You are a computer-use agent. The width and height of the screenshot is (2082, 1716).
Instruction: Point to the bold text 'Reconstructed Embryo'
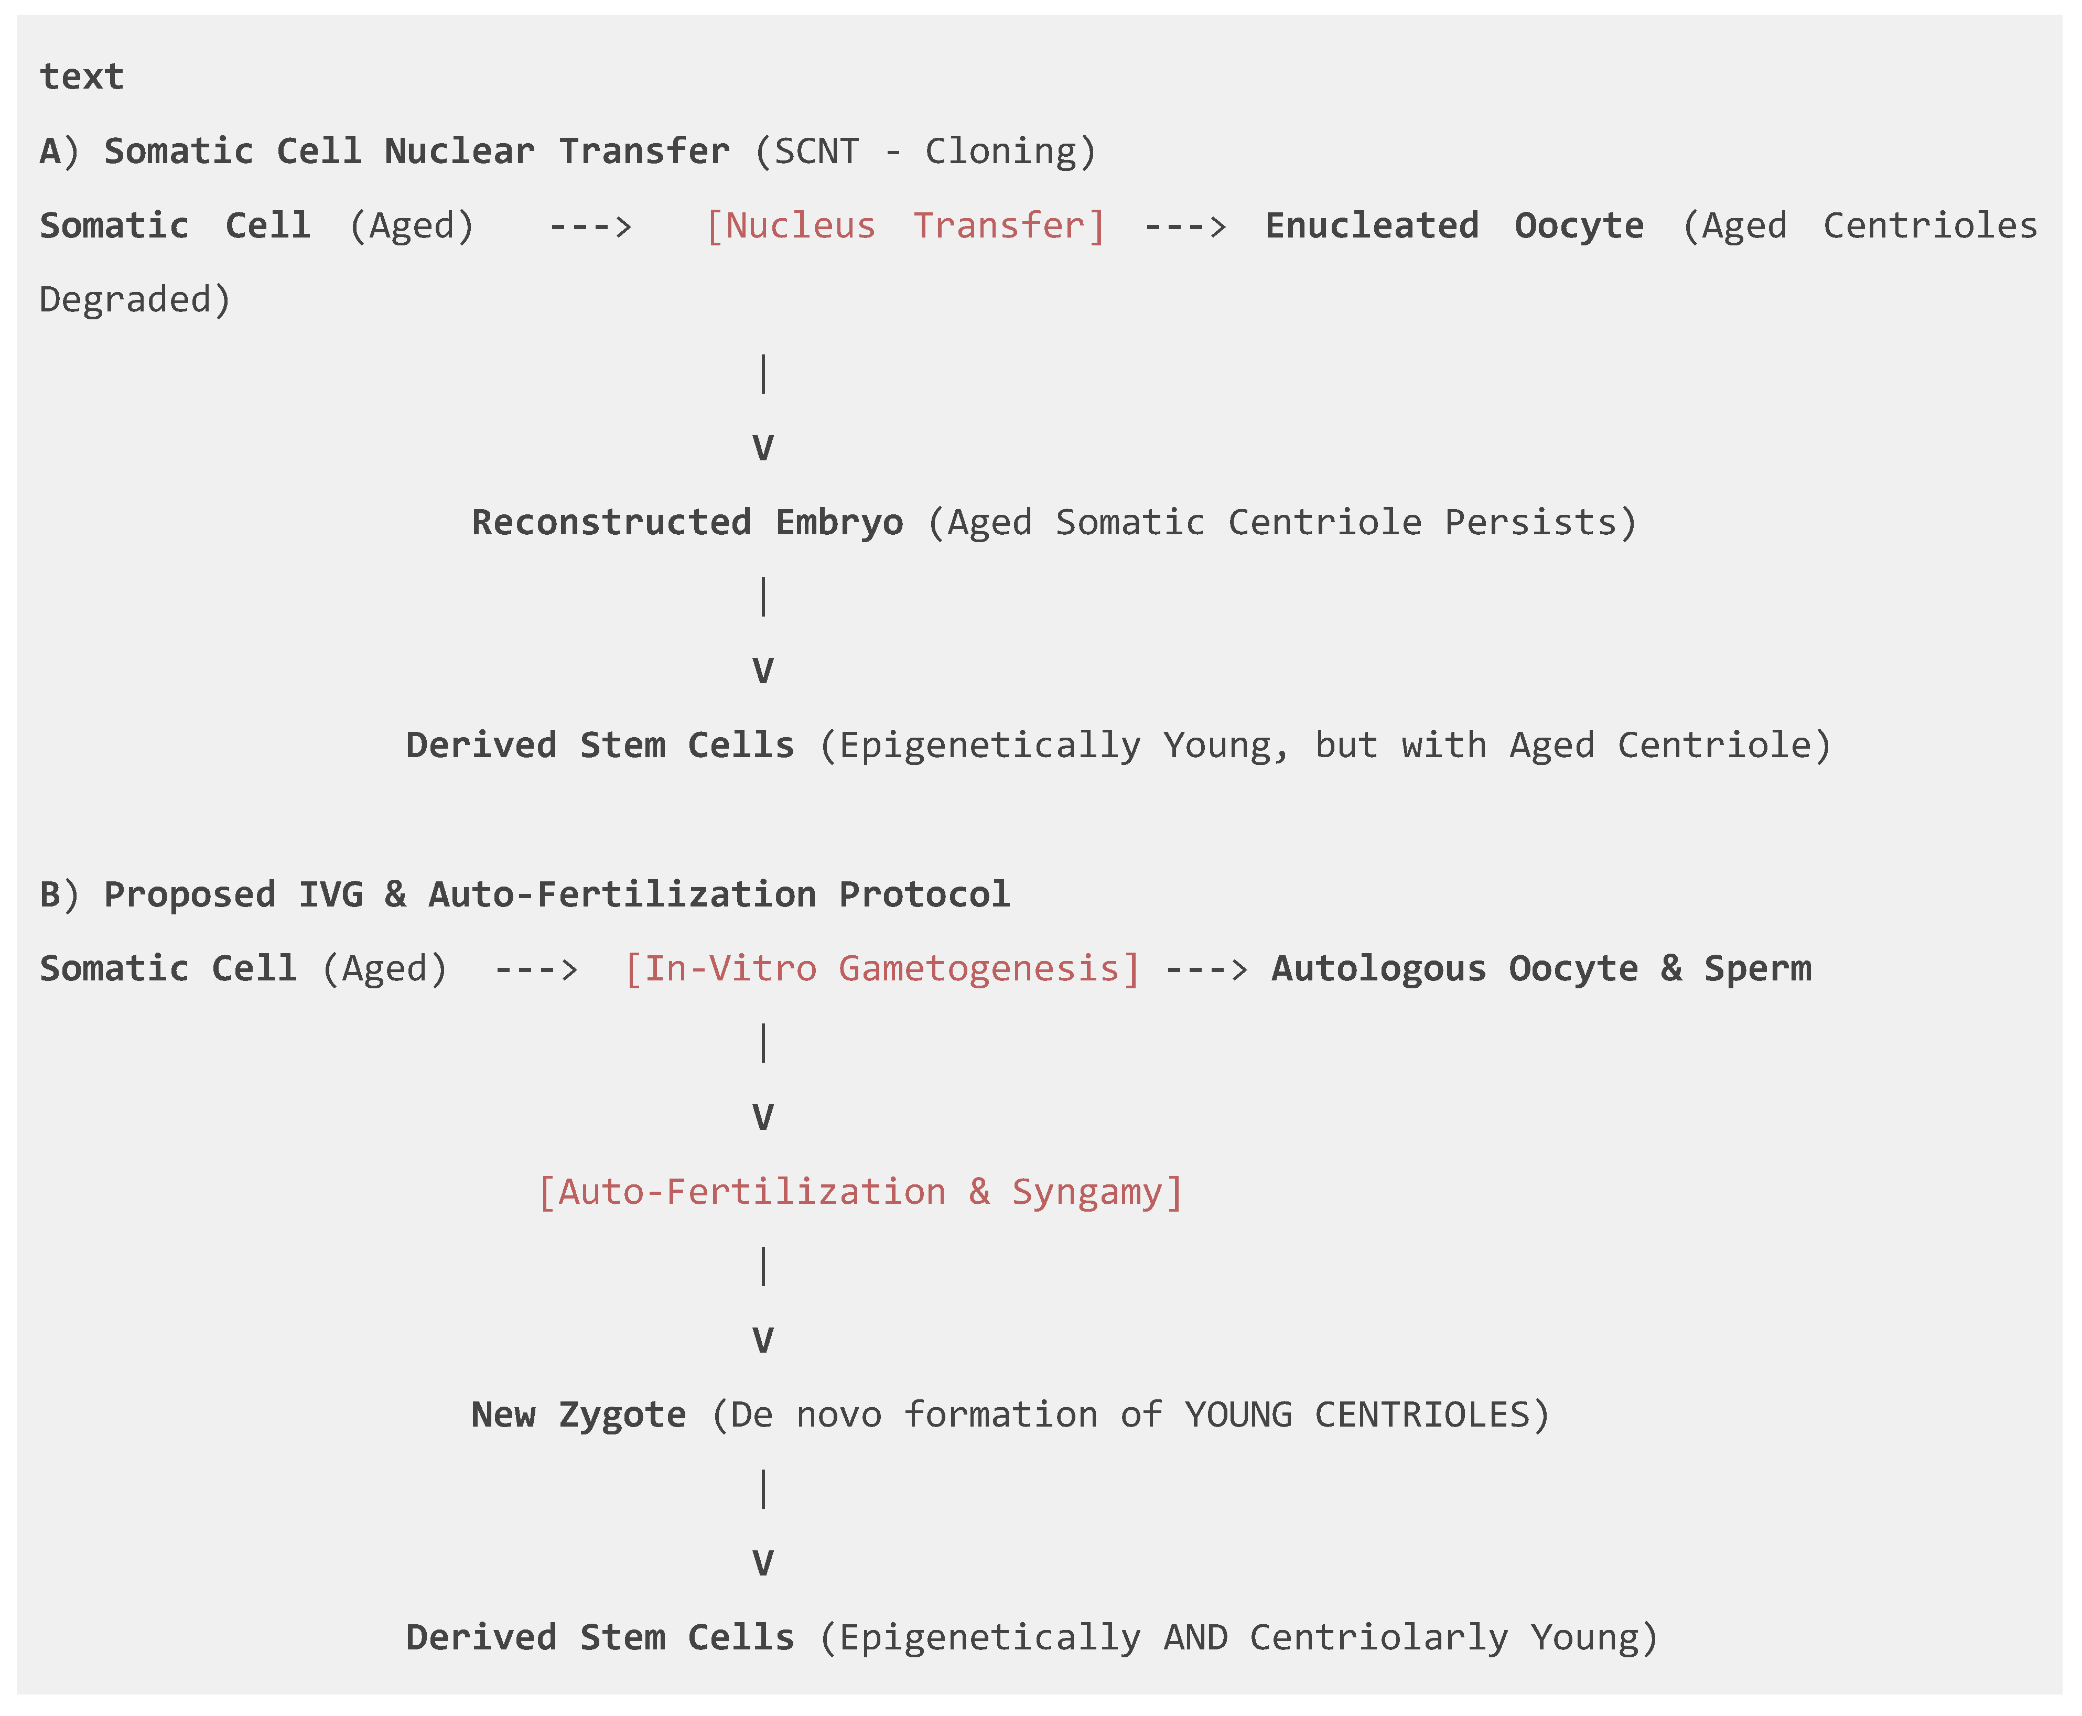click(686, 522)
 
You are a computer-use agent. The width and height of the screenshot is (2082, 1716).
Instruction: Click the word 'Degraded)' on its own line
click(134, 299)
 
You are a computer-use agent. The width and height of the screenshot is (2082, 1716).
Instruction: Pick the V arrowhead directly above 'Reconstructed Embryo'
click(762, 448)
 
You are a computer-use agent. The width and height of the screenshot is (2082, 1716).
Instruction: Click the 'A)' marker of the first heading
click(58, 151)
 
